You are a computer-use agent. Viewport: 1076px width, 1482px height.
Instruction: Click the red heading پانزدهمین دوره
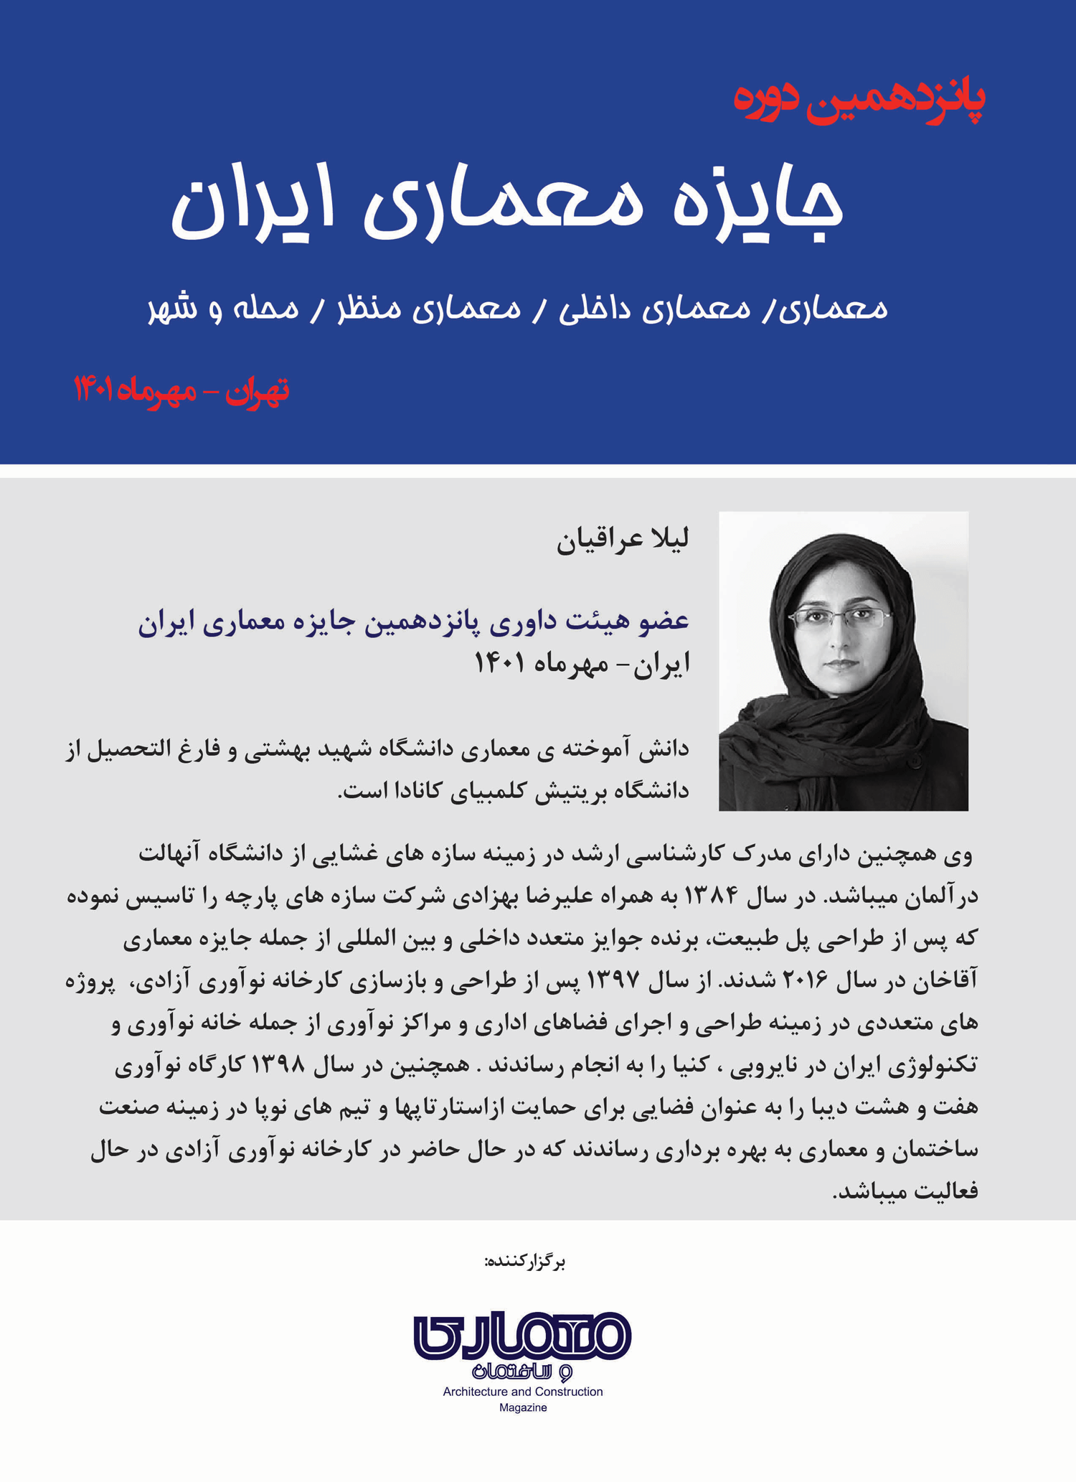click(x=859, y=100)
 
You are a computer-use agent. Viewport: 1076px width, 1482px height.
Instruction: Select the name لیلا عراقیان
click(x=623, y=539)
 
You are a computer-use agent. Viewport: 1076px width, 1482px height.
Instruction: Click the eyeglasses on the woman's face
click(x=839, y=618)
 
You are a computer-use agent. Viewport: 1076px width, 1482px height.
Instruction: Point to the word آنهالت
click(x=170, y=853)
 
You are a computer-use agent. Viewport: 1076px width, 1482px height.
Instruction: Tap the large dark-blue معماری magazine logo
click(x=522, y=1336)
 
